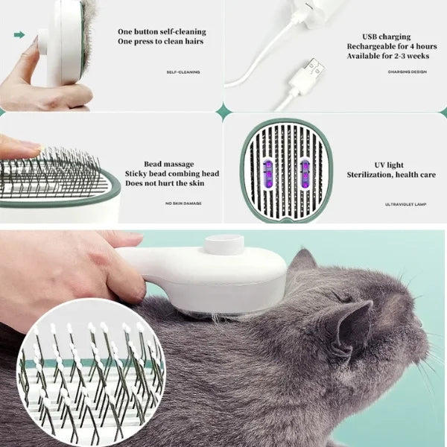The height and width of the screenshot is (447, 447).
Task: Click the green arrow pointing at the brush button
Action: point(19,34)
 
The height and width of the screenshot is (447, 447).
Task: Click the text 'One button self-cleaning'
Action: point(162,32)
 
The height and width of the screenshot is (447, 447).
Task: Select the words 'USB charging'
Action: point(385,36)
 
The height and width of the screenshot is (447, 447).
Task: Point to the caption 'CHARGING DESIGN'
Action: point(407,72)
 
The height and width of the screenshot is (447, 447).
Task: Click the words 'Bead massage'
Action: point(169,164)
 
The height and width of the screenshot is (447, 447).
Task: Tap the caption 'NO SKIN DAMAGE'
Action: point(183,203)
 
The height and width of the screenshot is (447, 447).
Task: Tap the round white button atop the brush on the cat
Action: point(224,245)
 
